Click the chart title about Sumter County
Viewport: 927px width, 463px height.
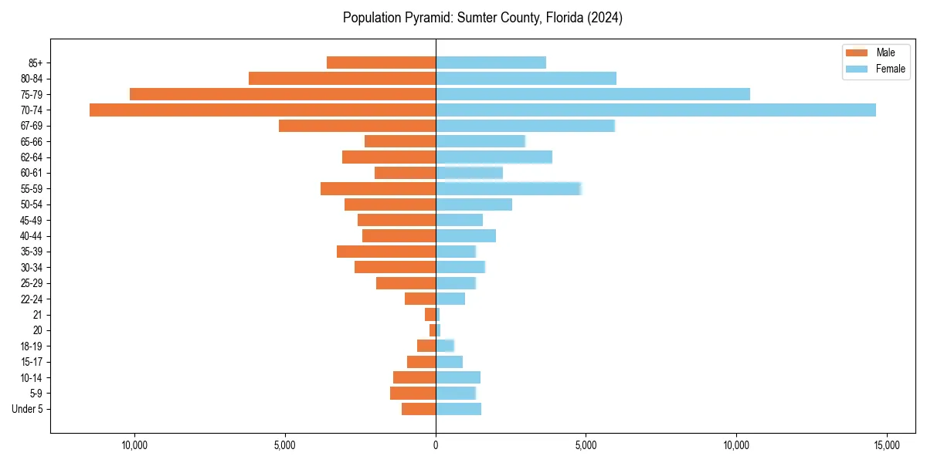point(482,18)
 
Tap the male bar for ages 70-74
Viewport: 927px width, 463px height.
point(263,110)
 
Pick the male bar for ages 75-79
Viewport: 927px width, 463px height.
point(283,94)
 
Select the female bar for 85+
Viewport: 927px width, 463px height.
point(491,63)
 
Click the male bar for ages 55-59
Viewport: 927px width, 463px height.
point(378,188)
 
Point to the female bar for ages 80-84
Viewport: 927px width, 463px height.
point(526,78)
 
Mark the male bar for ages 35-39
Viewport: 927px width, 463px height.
point(386,252)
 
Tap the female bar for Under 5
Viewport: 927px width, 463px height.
point(458,409)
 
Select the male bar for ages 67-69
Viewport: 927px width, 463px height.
point(357,126)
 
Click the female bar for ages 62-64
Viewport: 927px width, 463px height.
point(494,157)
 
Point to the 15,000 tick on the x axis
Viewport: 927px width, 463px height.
point(886,445)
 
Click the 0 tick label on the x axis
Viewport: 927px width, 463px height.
point(436,445)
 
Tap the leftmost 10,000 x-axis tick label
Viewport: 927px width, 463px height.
point(134,445)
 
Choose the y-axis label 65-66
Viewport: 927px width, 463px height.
point(31,141)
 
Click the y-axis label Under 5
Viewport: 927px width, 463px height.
point(27,409)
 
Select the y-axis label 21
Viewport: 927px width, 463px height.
point(37,315)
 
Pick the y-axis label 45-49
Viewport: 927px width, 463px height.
point(31,220)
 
